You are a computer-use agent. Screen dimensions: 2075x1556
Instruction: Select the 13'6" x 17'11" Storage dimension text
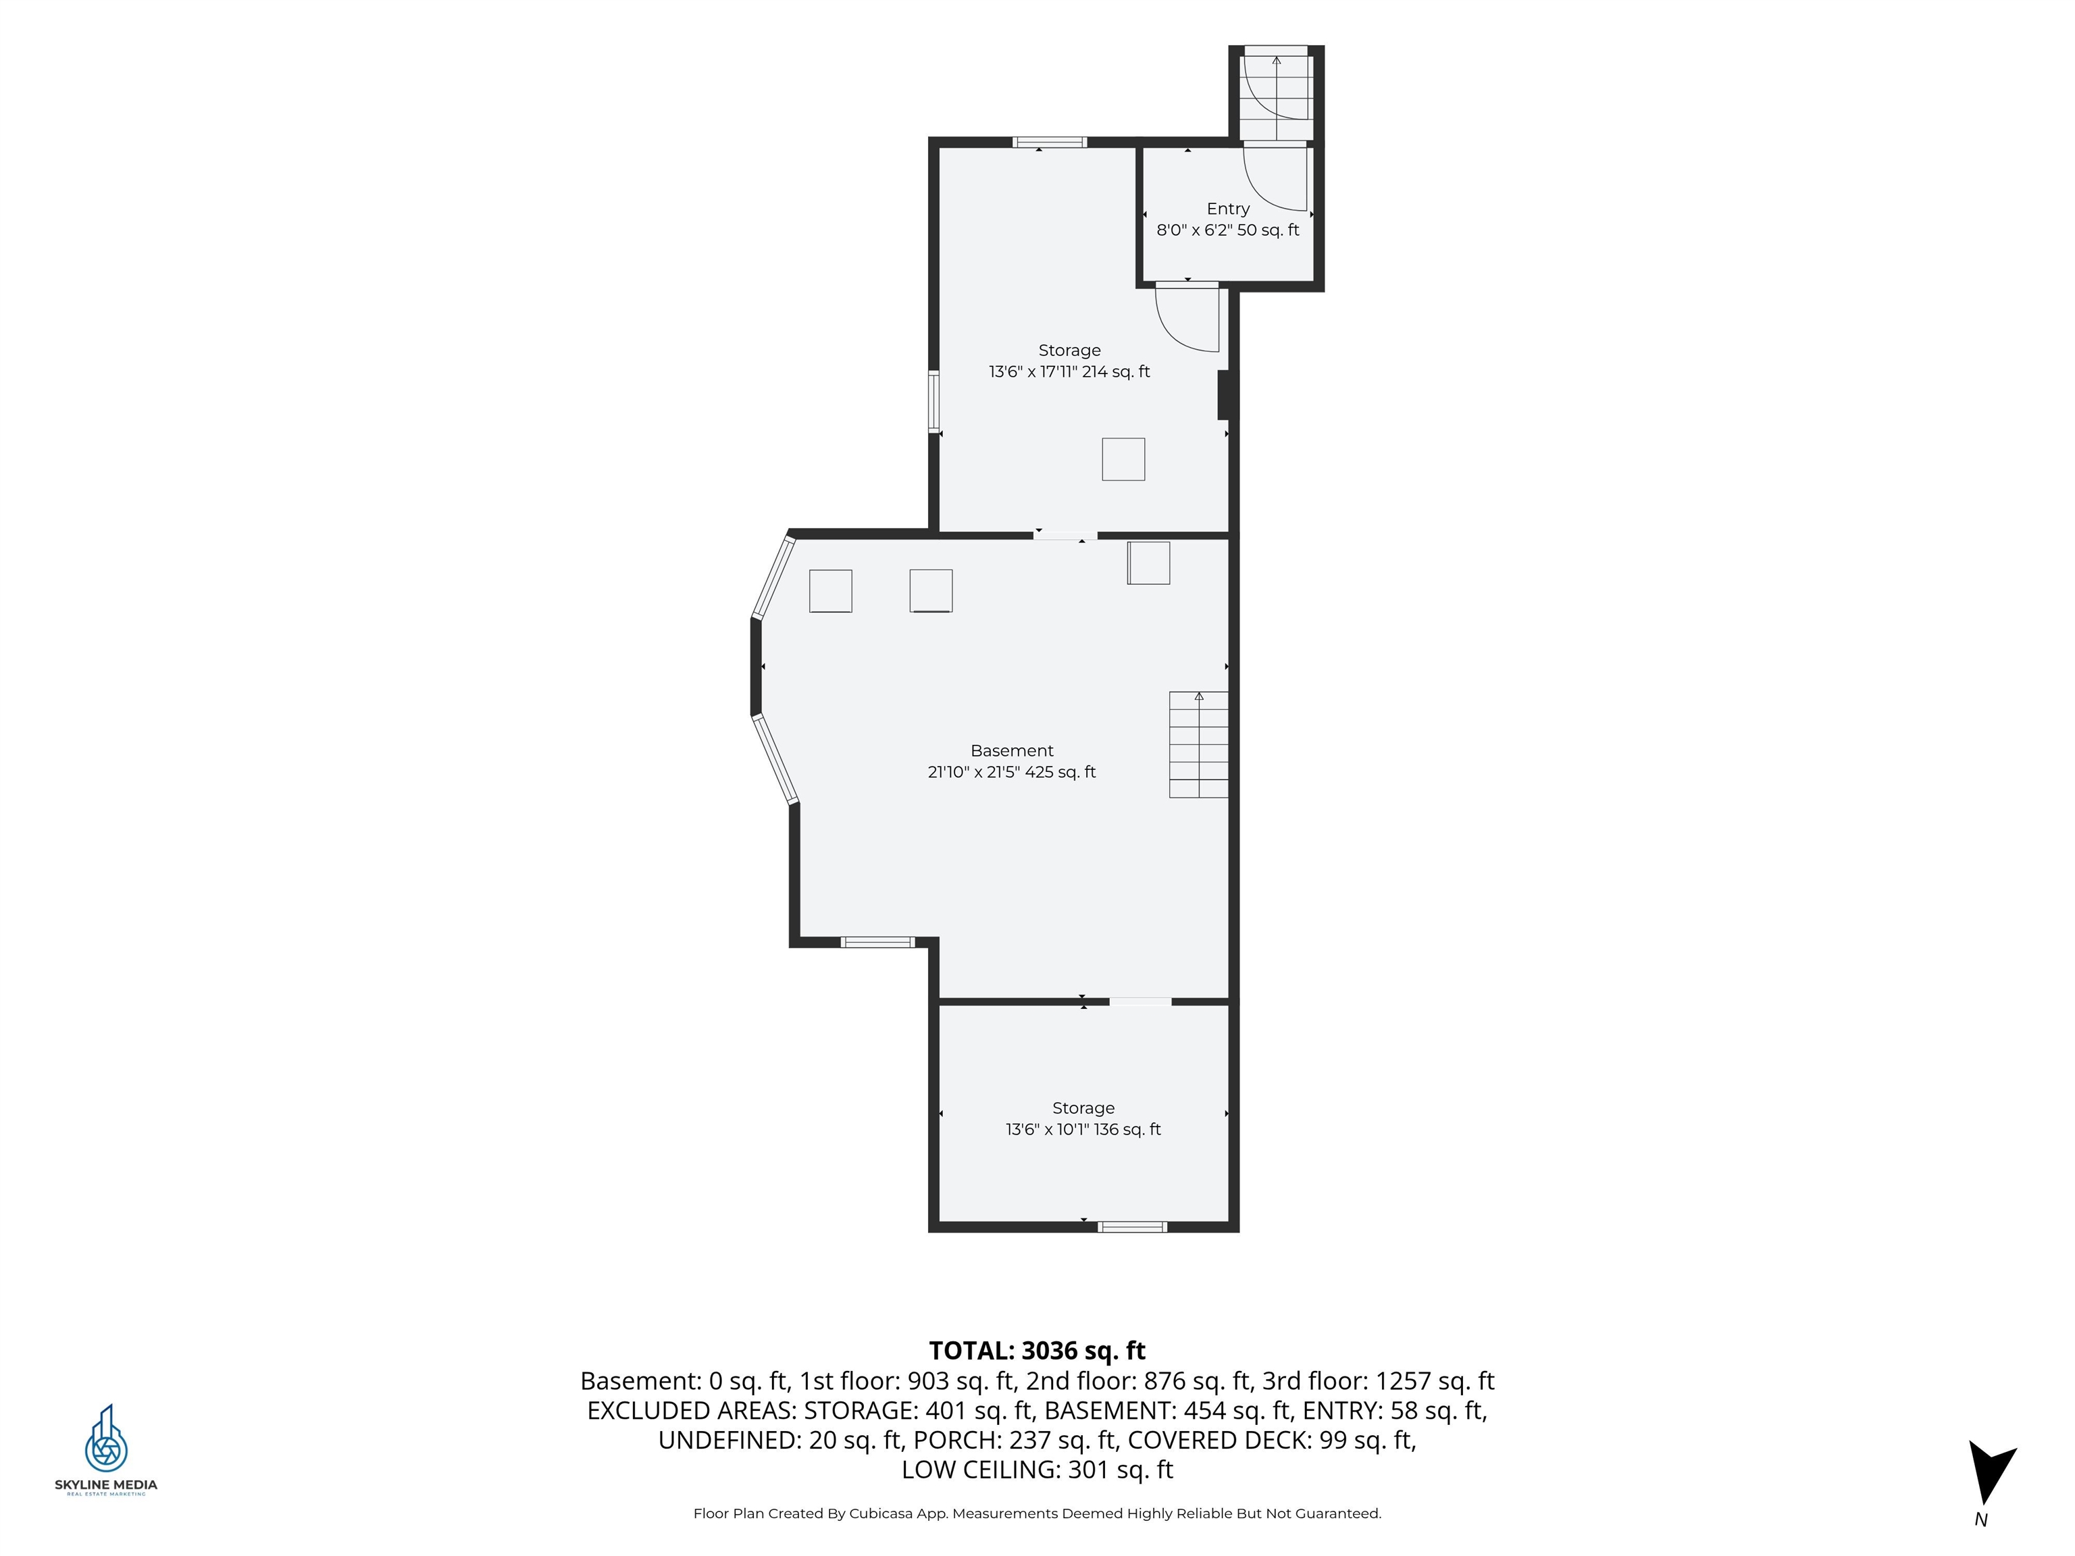[x=1069, y=371]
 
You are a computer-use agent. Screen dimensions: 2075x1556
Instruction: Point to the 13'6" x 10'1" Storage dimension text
[x=1083, y=1129]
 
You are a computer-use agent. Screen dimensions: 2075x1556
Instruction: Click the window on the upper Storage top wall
[x=1050, y=142]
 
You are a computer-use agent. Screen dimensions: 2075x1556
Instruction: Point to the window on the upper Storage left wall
[x=934, y=401]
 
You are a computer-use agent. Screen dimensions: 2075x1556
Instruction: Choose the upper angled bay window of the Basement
[x=774, y=577]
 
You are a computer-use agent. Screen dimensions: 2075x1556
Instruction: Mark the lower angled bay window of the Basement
[x=775, y=759]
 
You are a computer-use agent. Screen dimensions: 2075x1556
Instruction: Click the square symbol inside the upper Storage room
[x=1123, y=460]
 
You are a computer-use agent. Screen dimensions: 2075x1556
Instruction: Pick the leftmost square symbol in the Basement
[x=830, y=591]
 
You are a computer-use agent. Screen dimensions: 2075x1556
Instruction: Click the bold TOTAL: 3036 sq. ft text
[x=1037, y=1351]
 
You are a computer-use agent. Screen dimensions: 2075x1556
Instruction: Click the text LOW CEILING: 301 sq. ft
[x=1037, y=1470]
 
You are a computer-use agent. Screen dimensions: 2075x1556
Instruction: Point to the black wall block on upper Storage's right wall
[x=1223, y=395]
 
